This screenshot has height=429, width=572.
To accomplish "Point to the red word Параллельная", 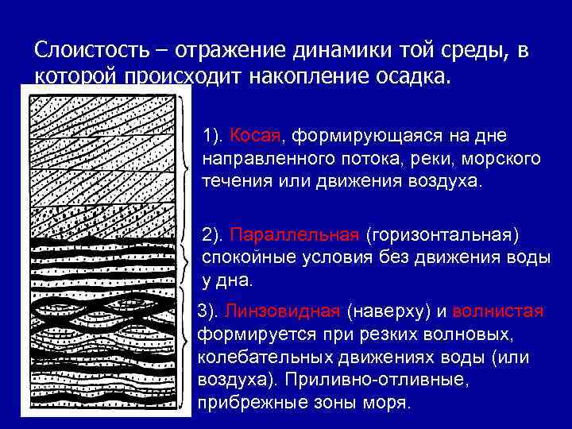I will click(295, 236).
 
